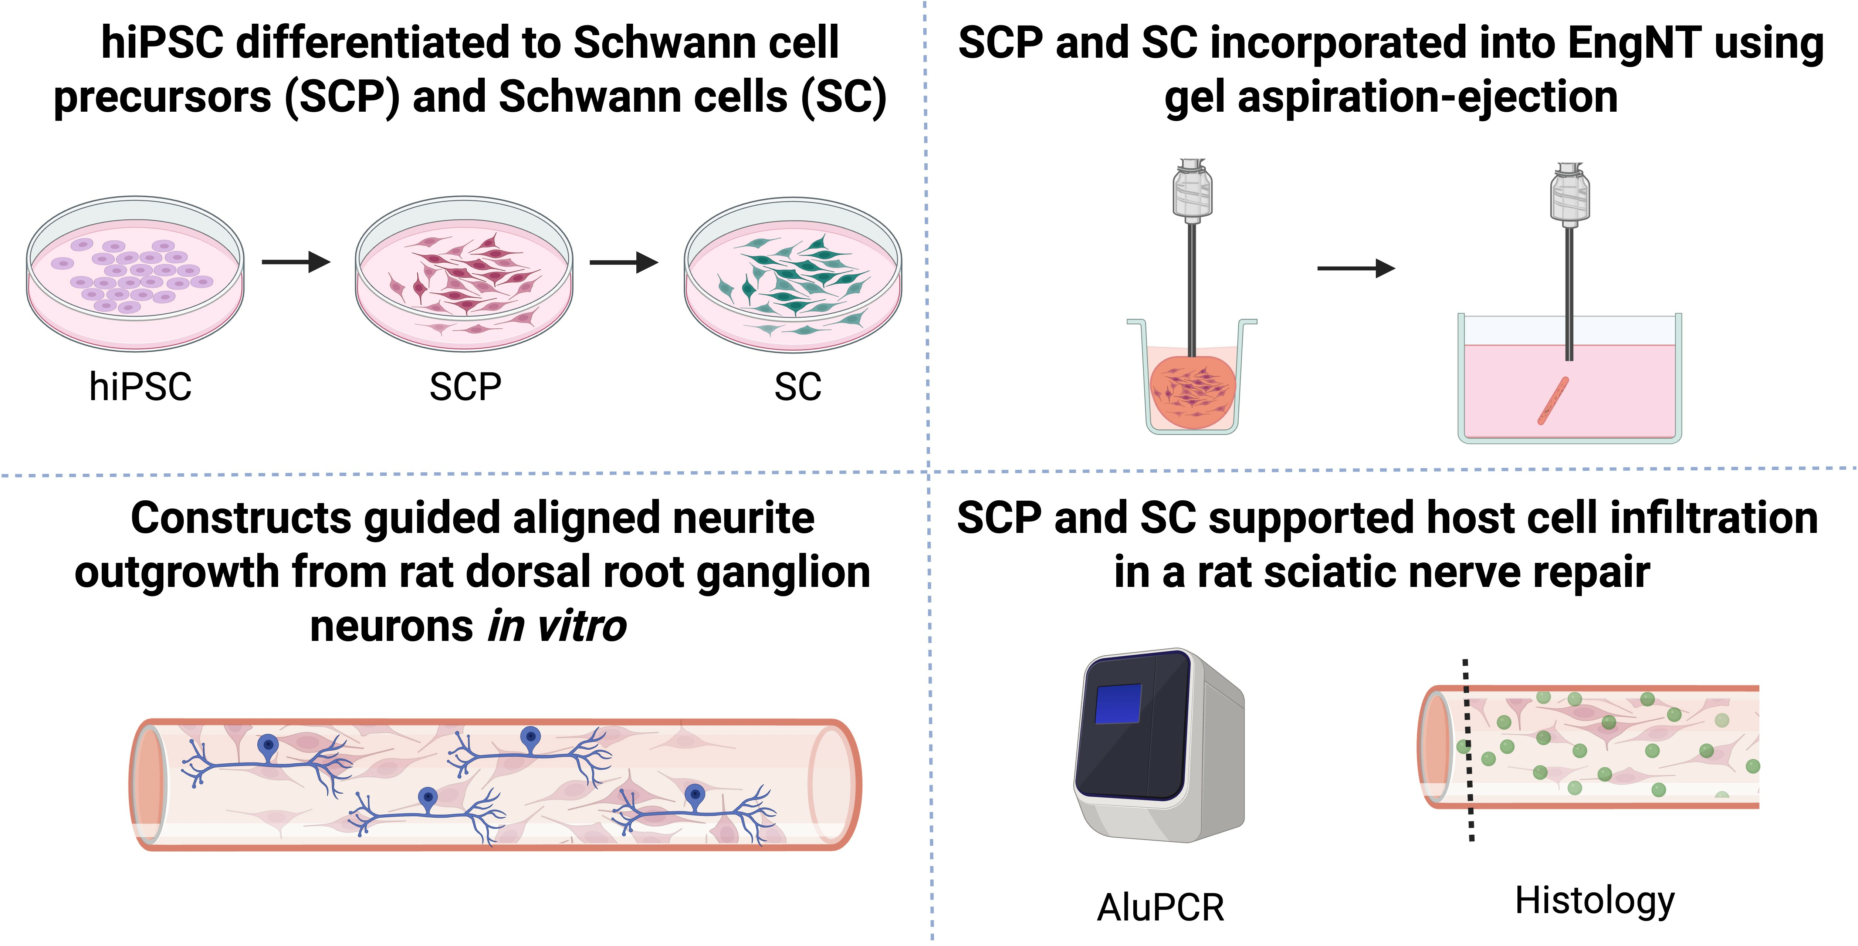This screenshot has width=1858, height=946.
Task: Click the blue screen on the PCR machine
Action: pyautogui.click(x=1118, y=703)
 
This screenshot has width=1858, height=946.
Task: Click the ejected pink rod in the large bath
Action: pyautogui.click(x=1553, y=401)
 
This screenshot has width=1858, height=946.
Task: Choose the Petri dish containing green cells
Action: pyautogui.click(x=793, y=276)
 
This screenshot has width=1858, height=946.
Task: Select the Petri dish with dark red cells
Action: pyautogui.click(x=464, y=274)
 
